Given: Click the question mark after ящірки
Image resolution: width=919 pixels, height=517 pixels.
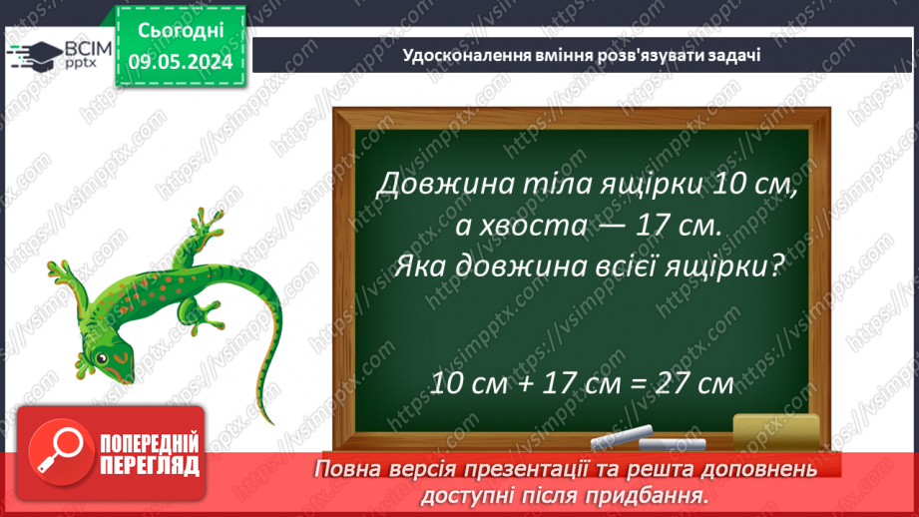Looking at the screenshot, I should click(x=770, y=268).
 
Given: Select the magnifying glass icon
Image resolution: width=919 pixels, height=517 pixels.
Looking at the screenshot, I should click(x=58, y=449).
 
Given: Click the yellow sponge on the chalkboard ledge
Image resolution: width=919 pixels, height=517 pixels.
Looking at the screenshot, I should click(x=776, y=430).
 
